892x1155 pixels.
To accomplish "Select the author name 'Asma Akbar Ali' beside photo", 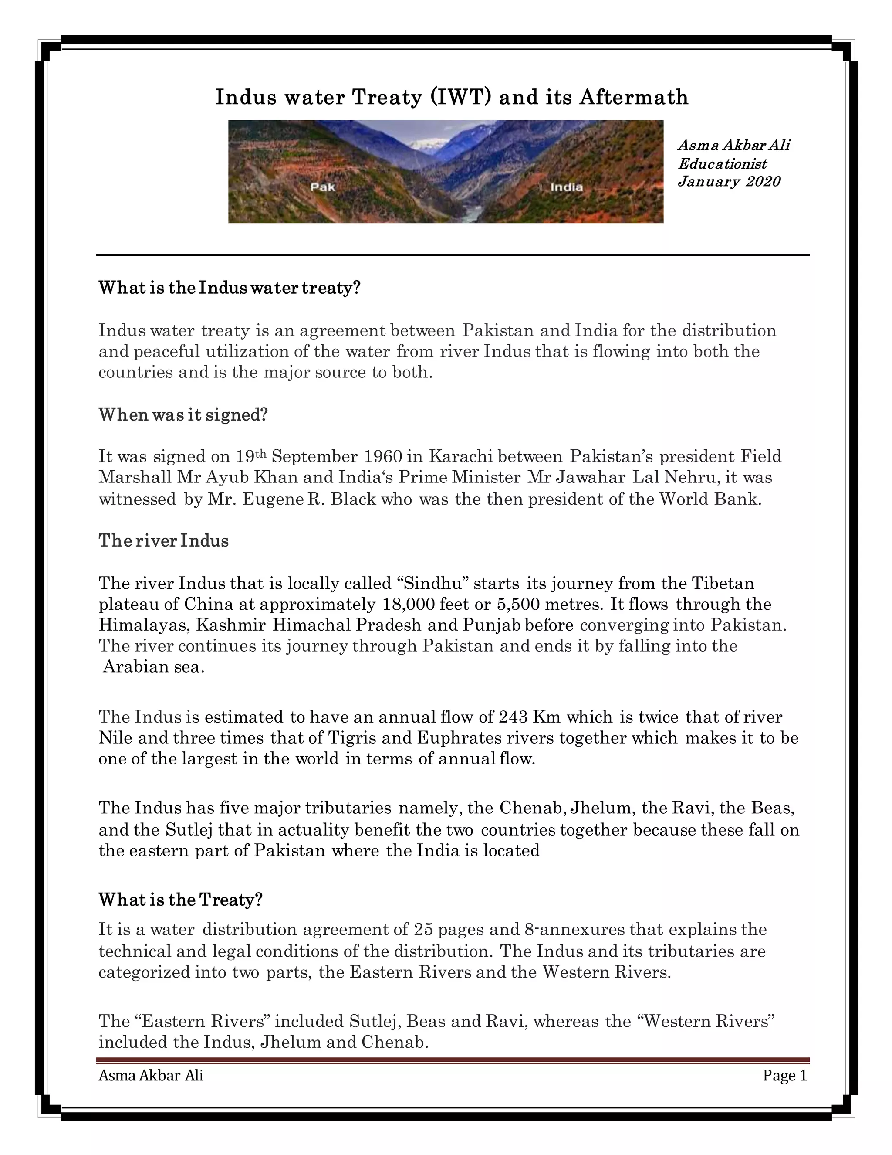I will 733,146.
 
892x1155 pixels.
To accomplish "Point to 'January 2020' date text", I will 729,181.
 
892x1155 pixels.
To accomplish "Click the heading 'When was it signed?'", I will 183,414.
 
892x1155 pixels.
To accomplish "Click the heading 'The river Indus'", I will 164,541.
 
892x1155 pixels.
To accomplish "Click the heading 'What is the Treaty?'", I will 181,900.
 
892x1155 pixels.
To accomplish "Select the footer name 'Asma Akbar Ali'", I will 151,1076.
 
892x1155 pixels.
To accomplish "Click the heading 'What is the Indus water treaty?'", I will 230,288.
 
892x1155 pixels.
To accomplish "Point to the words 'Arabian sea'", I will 153,667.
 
